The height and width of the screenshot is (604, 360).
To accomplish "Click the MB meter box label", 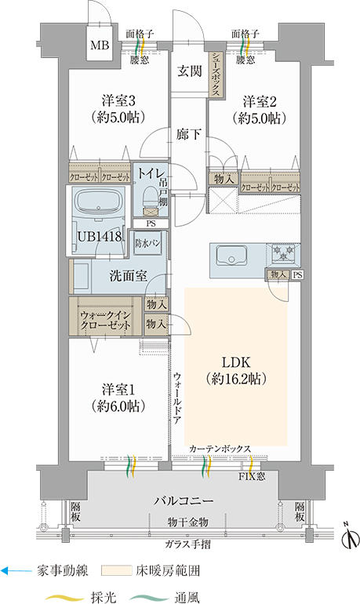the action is pos(100,45).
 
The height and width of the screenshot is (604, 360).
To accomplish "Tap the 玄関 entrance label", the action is pos(190,71).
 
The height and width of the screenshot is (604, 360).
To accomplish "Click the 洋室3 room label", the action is pos(118,101).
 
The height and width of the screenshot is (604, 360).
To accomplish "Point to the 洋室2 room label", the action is pos(260,102).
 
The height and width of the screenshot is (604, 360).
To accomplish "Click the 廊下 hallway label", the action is pos(189,134).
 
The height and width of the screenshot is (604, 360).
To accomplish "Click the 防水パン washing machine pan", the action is pos(148,243).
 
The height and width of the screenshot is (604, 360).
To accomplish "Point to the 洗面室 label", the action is pos(128,276).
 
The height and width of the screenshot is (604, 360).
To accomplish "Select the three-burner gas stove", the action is pos(284,254).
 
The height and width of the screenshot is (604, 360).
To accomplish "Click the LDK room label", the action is pos(236,362).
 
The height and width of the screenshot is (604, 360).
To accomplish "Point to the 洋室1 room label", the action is pos(118,390).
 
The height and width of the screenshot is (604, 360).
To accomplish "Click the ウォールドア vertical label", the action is pos(176,398).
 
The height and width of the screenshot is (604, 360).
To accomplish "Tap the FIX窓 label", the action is pos(252,476).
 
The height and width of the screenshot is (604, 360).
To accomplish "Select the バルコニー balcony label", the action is pos(184,500).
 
